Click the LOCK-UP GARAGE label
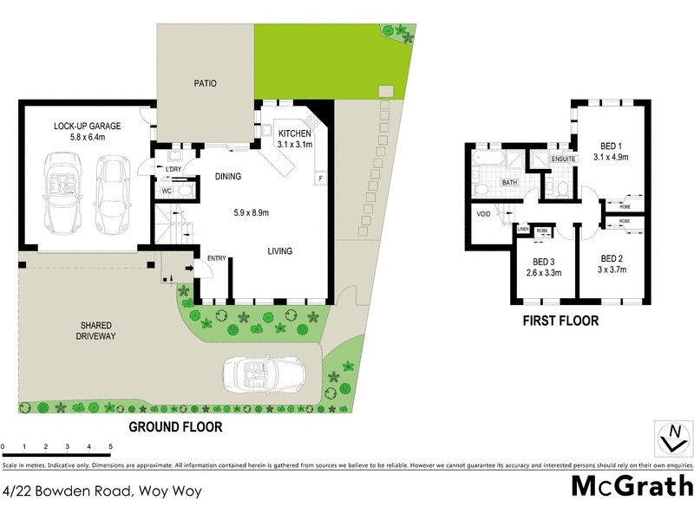coord(87,127)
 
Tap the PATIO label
coord(205,84)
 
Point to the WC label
coord(166,191)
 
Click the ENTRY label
coord(215,258)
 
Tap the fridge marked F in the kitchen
coord(320,179)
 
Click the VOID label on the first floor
coord(483,213)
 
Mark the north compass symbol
coord(672,437)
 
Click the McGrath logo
coord(632,485)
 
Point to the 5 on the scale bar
coord(110,448)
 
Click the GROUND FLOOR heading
coord(175,426)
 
